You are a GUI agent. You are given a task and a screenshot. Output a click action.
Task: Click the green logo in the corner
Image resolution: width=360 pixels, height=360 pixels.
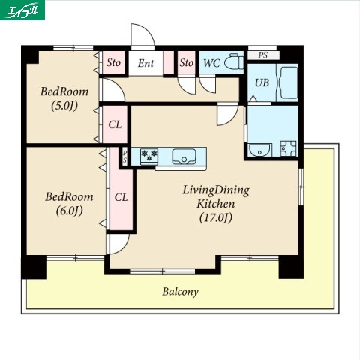pos(22,10)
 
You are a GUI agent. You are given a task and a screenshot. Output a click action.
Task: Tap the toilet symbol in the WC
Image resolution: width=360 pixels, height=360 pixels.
pos(234,61)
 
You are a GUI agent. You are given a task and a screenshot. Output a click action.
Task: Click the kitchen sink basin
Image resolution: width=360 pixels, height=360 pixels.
pos(184,157)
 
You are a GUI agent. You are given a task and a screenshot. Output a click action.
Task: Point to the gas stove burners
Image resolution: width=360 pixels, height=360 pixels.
pos(149,157)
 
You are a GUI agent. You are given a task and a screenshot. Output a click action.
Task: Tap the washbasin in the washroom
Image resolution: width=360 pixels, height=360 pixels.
pos(260,150)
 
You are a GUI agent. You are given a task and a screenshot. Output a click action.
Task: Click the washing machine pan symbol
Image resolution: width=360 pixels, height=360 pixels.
pos(288,149)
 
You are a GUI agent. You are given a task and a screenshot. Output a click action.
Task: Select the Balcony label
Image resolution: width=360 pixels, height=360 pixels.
pos(180,292)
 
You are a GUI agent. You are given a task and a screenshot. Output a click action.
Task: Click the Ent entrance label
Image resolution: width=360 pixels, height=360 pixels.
pos(145,63)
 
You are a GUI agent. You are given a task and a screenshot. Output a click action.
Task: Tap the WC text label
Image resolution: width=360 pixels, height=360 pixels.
pos(211,63)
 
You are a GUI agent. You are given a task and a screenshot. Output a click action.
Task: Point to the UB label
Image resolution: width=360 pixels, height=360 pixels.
pos(262,82)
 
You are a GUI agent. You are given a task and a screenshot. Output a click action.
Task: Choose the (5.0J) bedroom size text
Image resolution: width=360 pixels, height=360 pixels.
pos(64,106)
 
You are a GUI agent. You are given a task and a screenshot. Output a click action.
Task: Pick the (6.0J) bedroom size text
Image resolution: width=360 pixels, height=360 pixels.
pos(69,211)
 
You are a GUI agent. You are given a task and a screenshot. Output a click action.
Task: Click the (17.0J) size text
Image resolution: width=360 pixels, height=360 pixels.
pos(216,217)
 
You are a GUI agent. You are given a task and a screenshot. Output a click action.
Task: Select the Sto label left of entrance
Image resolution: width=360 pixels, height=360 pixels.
pos(113,62)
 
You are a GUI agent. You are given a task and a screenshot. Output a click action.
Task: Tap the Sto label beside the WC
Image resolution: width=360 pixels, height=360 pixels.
pos(186,62)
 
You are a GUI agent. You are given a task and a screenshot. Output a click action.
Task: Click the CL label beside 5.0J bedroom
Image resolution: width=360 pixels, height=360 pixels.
pos(115,124)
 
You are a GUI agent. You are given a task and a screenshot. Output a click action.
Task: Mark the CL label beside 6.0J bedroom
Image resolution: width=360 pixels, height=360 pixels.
pos(121,197)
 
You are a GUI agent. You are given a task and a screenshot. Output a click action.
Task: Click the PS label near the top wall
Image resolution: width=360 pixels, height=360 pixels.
pos(263,55)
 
